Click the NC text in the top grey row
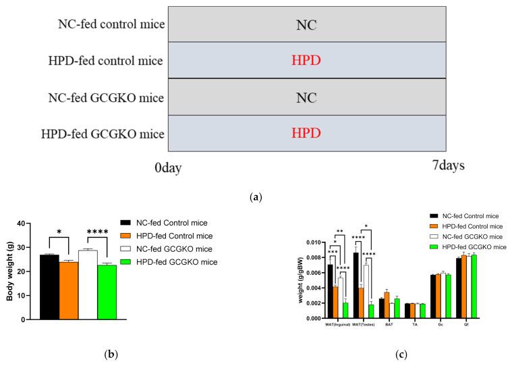(306, 25)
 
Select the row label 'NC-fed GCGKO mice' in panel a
(111, 97)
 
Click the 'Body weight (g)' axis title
(9, 271)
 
